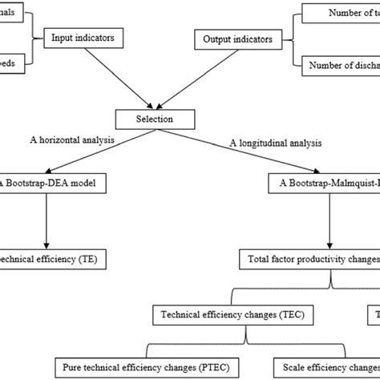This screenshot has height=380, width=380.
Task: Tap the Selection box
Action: [156, 120]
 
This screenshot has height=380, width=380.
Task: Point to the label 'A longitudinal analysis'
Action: [276, 144]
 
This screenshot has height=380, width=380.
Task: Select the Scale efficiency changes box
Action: [325, 367]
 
